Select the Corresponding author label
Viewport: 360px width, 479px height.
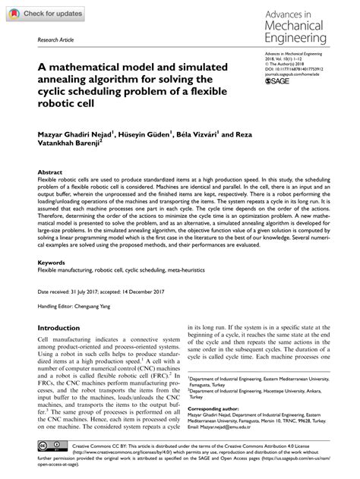(215, 407)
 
